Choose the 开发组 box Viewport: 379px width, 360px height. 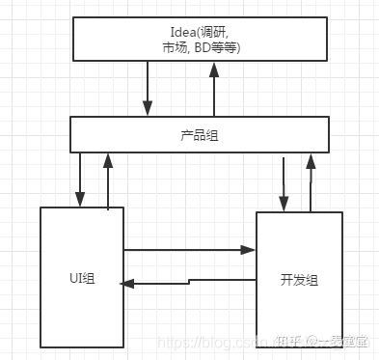[299, 280]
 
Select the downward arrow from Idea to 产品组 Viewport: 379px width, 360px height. [148, 92]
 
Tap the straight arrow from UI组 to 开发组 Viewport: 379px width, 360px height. [189, 250]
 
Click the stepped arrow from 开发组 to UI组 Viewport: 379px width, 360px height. [189, 282]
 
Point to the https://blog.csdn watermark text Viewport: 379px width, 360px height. [207, 343]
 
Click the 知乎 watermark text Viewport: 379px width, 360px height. [286, 342]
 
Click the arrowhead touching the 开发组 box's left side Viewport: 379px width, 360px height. [250, 250]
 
